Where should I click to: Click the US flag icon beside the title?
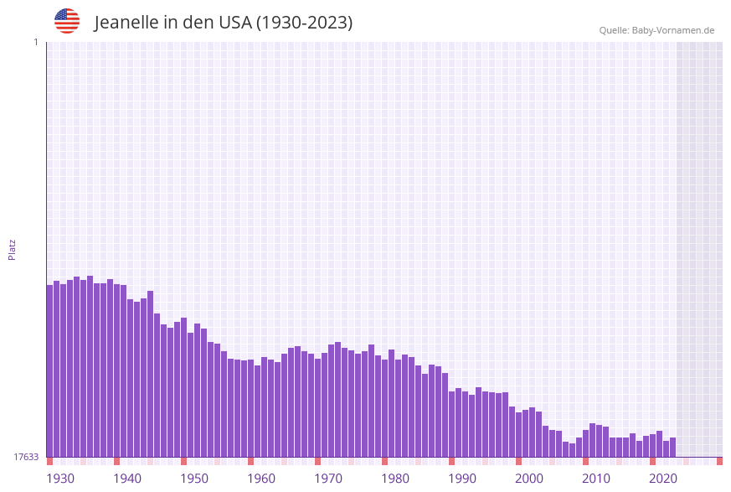pyautogui.click(x=67, y=21)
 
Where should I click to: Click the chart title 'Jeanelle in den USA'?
pyautogui.click(x=223, y=23)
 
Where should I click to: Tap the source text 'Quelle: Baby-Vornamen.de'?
pyautogui.click(x=656, y=30)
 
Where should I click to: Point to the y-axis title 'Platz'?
pyautogui.click(x=13, y=249)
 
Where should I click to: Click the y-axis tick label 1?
pyautogui.click(x=35, y=42)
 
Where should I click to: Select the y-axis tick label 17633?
pyautogui.click(x=26, y=457)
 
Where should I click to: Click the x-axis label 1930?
pyautogui.click(x=60, y=479)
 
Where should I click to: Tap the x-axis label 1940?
pyautogui.click(x=127, y=479)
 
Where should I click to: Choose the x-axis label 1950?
pyautogui.click(x=194, y=479)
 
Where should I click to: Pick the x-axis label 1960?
pyautogui.click(x=261, y=479)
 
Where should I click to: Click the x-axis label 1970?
pyautogui.click(x=328, y=479)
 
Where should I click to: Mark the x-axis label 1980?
pyautogui.click(x=395, y=479)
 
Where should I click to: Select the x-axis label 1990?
pyautogui.click(x=462, y=479)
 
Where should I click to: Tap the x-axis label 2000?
pyautogui.click(x=529, y=479)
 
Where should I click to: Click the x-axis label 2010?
pyautogui.click(x=596, y=479)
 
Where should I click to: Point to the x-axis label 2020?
pyautogui.click(x=663, y=479)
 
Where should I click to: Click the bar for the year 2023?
pyautogui.click(x=673, y=448)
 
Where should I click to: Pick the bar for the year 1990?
pyautogui.click(x=452, y=424)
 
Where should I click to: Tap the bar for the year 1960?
pyautogui.click(x=251, y=408)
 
